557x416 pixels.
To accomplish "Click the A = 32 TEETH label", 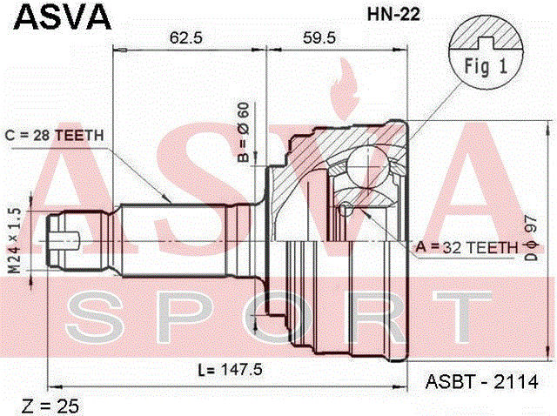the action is pos(468,247).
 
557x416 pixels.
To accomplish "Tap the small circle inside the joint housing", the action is pos(346,208).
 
